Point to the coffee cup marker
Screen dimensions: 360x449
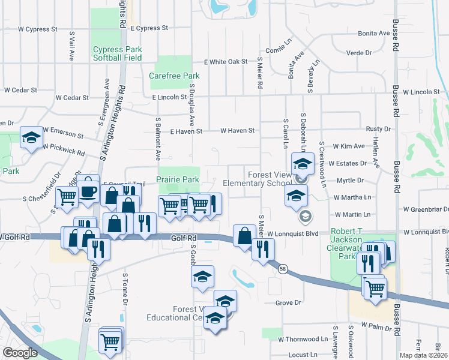(x=89, y=191)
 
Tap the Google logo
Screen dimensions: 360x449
(x=20, y=352)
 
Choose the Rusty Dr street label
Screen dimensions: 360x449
(x=378, y=129)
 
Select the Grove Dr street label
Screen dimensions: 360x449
(x=288, y=303)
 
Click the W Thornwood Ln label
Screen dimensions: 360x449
(x=305, y=339)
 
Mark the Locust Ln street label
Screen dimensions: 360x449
(x=303, y=355)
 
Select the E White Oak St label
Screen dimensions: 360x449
(x=226, y=62)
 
